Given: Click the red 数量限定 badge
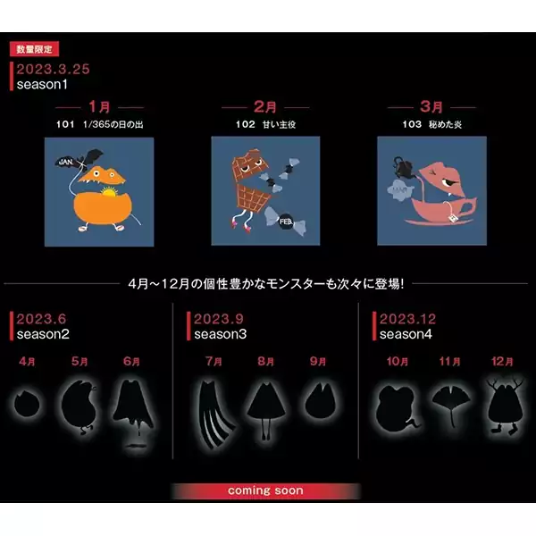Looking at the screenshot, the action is pos(34,49).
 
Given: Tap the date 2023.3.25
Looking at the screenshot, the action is pos(53,69).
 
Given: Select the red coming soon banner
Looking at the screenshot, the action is pos(265,490).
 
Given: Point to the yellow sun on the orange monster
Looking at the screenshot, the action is pos(109,192).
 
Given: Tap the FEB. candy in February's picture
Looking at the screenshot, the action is pos(286,222).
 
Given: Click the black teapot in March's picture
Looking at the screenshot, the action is pos(404,168).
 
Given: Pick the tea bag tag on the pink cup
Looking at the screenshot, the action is pos(453,218).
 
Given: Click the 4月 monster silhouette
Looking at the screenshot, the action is pos(27,404).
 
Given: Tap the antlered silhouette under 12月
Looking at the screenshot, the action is pos(505,406).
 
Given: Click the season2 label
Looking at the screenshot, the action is pos(43,334).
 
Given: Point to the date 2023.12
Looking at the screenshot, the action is pos(407,319).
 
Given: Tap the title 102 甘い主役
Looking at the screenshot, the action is pos(265,124).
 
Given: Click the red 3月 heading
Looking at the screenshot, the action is pos(431,106).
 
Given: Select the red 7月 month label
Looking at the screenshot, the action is pos(214,361).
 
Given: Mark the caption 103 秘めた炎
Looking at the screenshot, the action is pos(432,124).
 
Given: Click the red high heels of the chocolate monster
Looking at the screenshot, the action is pos(240,225).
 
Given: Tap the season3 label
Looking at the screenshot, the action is pos(220,334).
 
